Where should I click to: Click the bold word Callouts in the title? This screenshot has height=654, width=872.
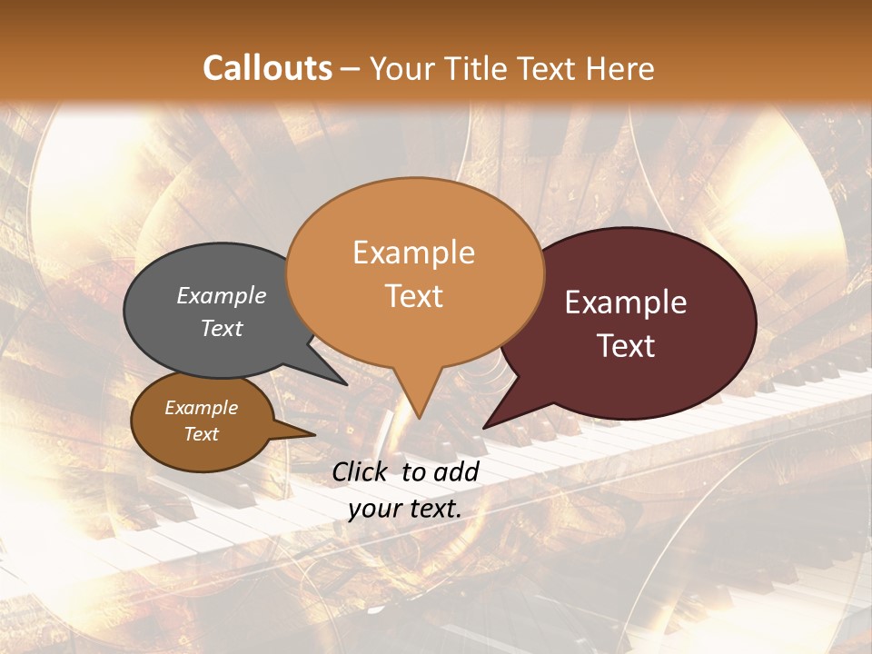point(267,69)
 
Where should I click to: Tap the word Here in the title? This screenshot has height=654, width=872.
point(621,69)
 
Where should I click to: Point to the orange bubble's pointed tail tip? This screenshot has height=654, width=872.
point(419,417)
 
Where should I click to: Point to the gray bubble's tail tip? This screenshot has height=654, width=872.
point(345,383)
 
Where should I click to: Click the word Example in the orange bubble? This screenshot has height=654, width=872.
point(414,253)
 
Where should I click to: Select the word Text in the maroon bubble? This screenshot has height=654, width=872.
point(627,346)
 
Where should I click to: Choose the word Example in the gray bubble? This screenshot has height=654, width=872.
point(222,296)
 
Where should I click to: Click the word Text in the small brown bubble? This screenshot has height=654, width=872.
point(202,434)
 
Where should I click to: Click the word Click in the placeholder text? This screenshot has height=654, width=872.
point(362,471)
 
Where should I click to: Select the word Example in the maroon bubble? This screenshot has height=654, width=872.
point(626,302)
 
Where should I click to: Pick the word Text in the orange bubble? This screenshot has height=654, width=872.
point(414,296)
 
